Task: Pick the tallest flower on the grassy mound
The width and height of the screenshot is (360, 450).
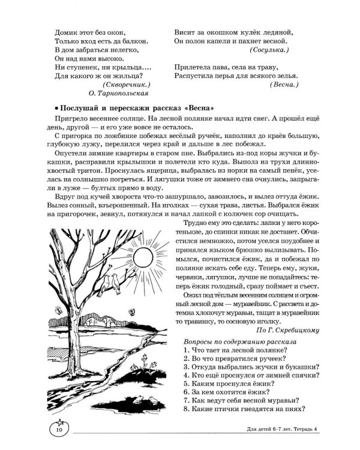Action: tap(149, 361)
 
